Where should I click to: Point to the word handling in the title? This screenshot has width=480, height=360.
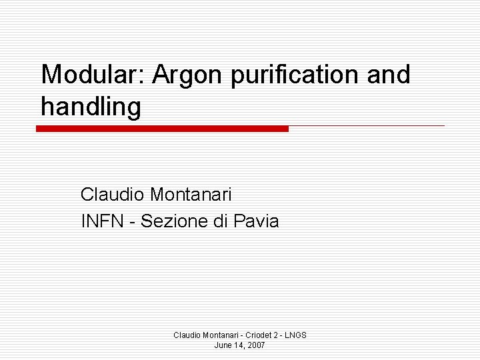pyautogui.click(x=91, y=107)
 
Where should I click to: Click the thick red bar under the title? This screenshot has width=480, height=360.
pyautogui.click(x=162, y=129)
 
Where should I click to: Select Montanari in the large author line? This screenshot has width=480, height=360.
pyautogui.click(x=191, y=195)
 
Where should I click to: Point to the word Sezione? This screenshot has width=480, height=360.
pyautogui.click(x=169, y=221)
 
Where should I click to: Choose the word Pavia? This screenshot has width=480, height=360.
pyautogui.click(x=257, y=221)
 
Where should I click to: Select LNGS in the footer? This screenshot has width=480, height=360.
pyautogui.click(x=295, y=335)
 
